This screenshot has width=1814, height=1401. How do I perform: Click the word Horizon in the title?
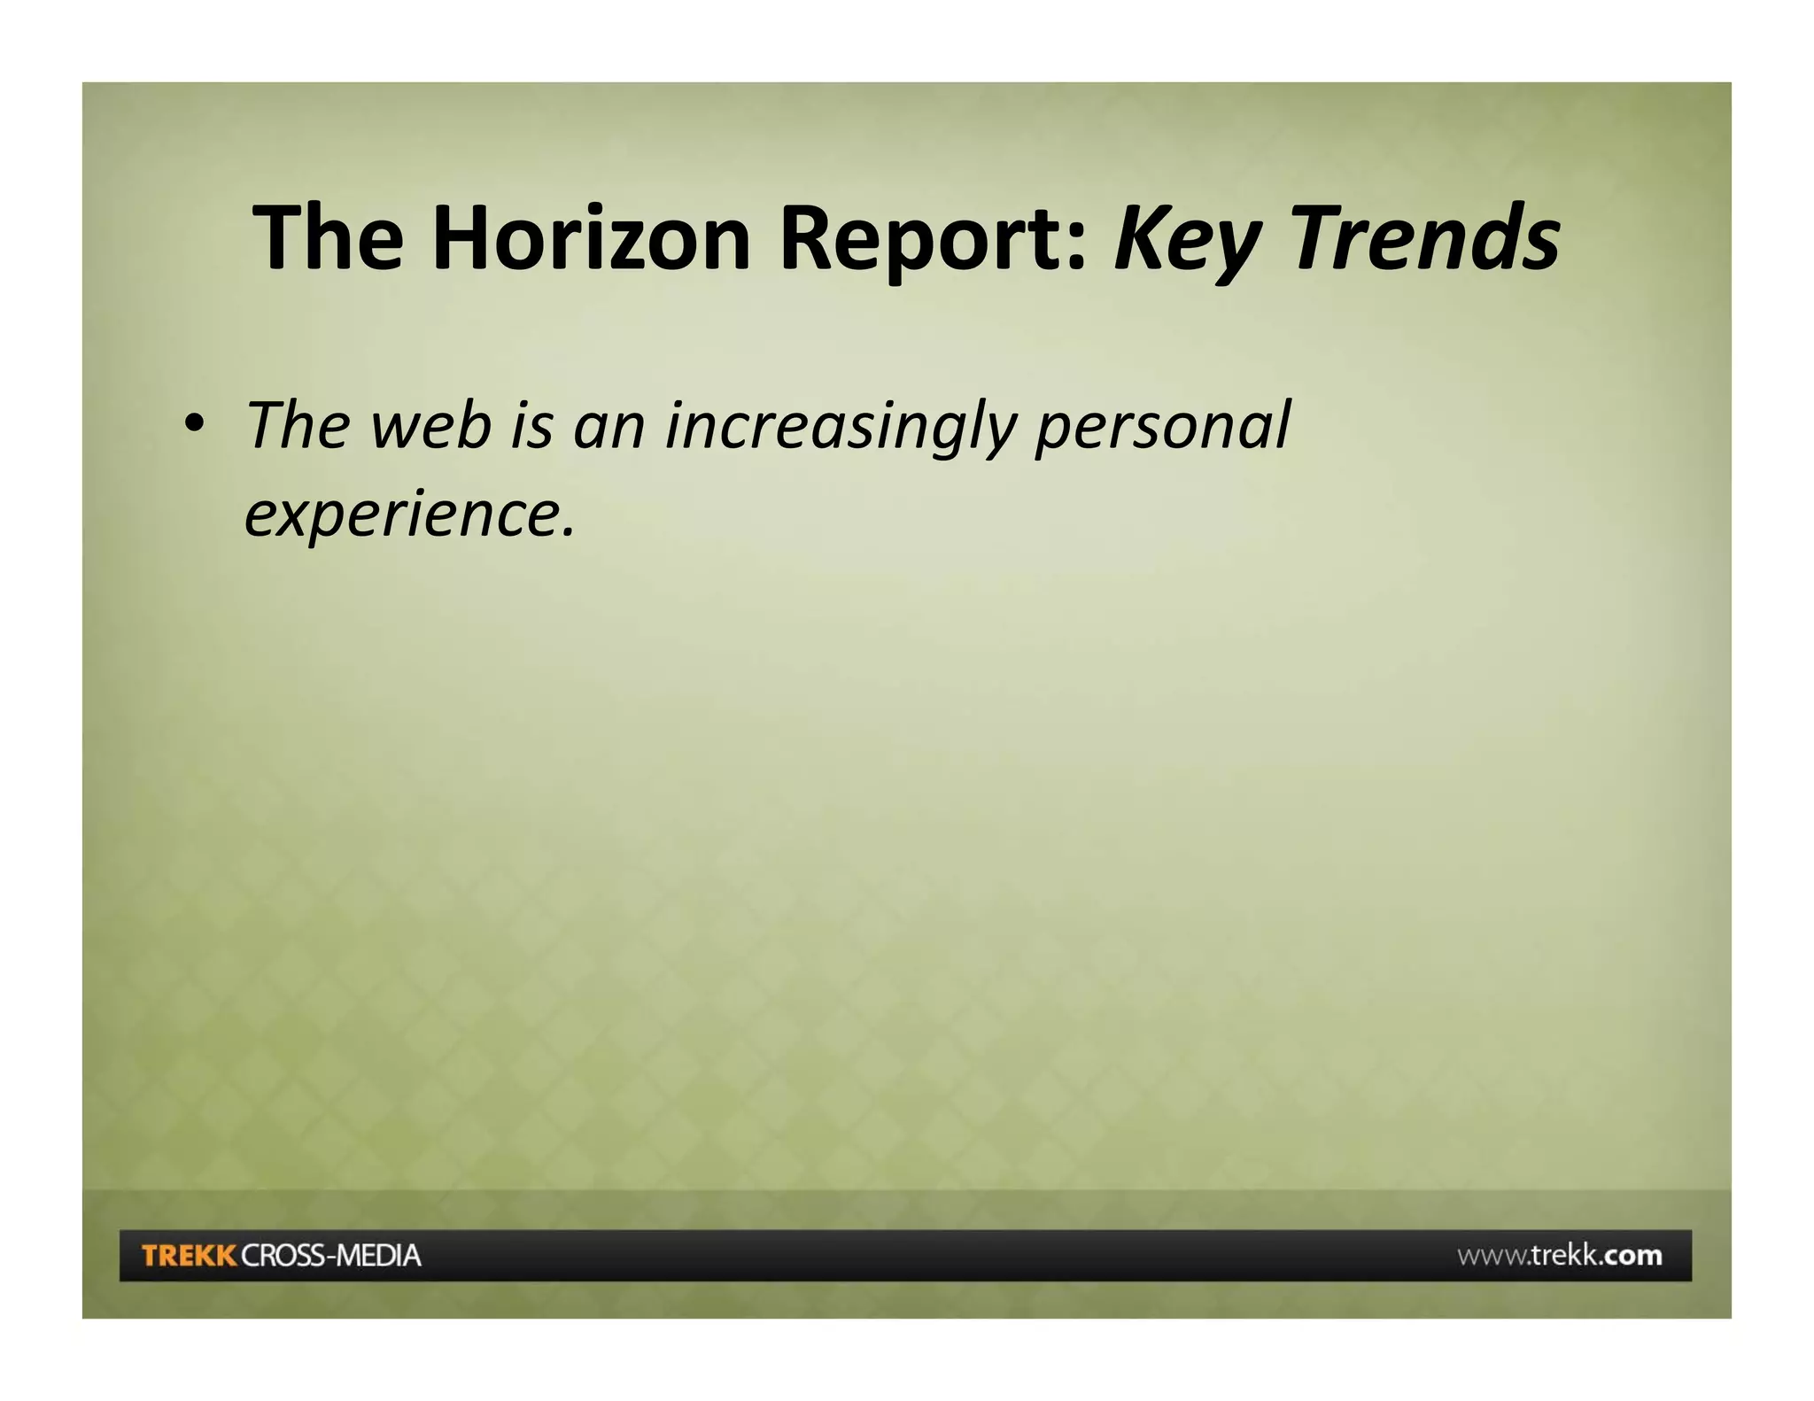point(591,237)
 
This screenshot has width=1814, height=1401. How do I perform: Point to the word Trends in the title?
point(1426,237)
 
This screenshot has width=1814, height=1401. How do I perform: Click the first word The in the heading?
point(328,237)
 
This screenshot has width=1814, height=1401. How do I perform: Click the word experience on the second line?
point(403,516)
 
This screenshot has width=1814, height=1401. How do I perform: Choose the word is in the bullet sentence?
point(532,425)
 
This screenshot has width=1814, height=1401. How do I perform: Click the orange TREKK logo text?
point(189,1256)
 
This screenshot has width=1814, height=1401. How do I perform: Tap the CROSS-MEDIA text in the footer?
point(331,1256)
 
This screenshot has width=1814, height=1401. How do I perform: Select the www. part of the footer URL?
point(1492,1256)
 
